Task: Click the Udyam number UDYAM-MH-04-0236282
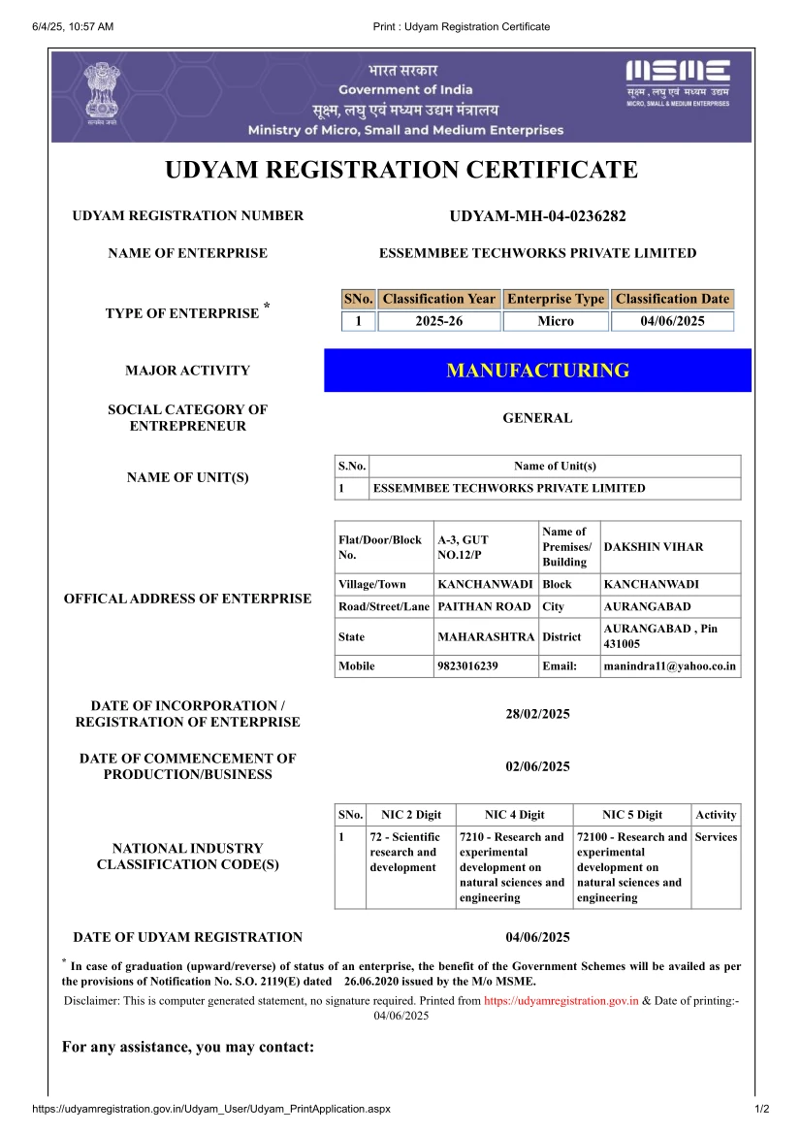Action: pyautogui.click(x=537, y=216)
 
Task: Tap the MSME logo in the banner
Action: pyautogui.click(x=677, y=81)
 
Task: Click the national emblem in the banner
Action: pyautogui.click(x=98, y=94)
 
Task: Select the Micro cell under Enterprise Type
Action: pyautogui.click(x=556, y=321)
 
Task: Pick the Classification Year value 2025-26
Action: pyautogui.click(x=438, y=321)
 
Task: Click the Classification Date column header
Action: pyautogui.click(x=671, y=299)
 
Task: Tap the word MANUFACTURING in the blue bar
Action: pyautogui.click(x=537, y=370)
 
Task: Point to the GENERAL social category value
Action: pyautogui.click(x=537, y=418)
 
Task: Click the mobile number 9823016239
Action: pyautogui.click(x=467, y=666)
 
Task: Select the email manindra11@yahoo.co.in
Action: pyautogui.click(x=669, y=666)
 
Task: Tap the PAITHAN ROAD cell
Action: pyautogui.click(x=484, y=606)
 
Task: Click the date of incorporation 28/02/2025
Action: pyautogui.click(x=537, y=714)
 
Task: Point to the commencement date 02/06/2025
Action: pyautogui.click(x=537, y=766)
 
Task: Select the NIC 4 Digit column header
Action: pyautogui.click(x=514, y=815)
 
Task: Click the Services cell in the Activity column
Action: pyautogui.click(x=716, y=837)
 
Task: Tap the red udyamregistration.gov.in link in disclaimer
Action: pyautogui.click(x=561, y=1001)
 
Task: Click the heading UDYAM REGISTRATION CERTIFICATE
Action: pyautogui.click(x=401, y=171)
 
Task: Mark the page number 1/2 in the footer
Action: pyautogui.click(x=761, y=1109)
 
